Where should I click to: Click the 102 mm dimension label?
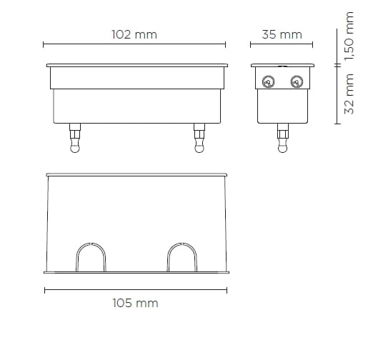click(x=134, y=34)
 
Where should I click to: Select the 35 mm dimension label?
click(x=282, y=34)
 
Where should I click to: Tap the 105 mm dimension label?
click(x=135, y=303)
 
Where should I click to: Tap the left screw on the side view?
click(x=269, y=82)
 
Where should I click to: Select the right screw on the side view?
click(x=296, y=82)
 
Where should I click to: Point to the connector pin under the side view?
click(x=282, y=136)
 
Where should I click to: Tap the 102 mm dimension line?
click(x=134, y=45)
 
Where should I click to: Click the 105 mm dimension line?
click(x=135, y=290)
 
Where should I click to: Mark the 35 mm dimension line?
click(x=282, y=45)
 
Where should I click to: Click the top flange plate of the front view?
click(x=136, y=66)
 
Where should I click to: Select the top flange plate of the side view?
click(x=282, y=66)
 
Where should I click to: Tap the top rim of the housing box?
click(x=136, y=175)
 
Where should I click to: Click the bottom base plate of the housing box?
click(x=136, y=272)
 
